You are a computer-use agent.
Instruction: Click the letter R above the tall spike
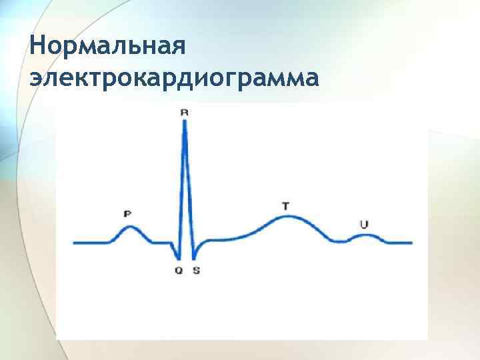pos(185,113)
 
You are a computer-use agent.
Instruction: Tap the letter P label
pos(127,213)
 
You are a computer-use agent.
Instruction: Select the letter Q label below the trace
pos(179,271)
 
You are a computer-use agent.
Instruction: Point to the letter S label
pos(196,271)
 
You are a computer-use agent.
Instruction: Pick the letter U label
pos(363,225)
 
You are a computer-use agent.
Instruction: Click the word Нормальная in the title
pos(106,47)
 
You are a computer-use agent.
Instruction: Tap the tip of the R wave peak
pos(185,121)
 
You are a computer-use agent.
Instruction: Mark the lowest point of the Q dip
pos(178,259)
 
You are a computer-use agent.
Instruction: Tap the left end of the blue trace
pos(74,243)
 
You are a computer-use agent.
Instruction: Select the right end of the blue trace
pos(411,243)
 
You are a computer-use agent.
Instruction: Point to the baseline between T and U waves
pos(341,242)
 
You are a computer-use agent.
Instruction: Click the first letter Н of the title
pos(38,47)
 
